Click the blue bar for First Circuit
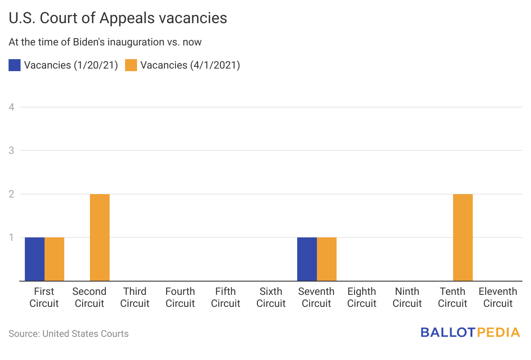pyautogui.click(x=35, y=259)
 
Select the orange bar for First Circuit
pyautogui.click(x=54, y=259)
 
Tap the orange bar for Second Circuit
pyautogui.click(x=100, y=237)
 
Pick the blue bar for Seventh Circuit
pyautogui.click(x=307, y=259)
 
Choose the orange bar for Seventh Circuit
pyautogui.click(x=327, y=259)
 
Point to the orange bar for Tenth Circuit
pyautogui.click(x=463, y=237)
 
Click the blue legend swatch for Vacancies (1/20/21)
pyautogui.click(x=15, y=65)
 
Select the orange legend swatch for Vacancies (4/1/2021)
pyautogui.click(x=131, y=65)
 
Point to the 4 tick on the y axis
pyautogui.click(x=12, y=107)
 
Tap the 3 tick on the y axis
pyautogui.click(x=12, y=150)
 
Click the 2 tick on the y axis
pyautogui.click(x=12, y=194)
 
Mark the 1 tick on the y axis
pyautogui.click(x=12, y=237)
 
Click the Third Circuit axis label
pyautogui.click(x=135, y=297)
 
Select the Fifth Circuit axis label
pyautogui.click(x=226, y=297)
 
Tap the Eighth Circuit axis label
pyautogui.click(x=362, y=297)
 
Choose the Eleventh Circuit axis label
pyautogui.click(x=498, y=297)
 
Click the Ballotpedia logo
pyautogui.click(x=470, y=333)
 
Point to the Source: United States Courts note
pyautogui.click(x=69, y=333)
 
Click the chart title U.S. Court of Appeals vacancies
pyautogui.click(x=118, y=18)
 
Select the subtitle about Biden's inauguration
pyautogui.click(x=105, y=42)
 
